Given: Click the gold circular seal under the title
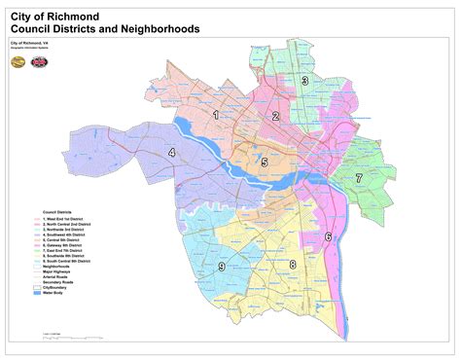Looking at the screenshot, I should (x=18, y=61).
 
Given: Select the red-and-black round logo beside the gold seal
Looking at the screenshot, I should (x=36, y=61).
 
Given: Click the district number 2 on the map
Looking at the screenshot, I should (x=275, y=117).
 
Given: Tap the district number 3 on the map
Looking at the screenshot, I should (x=304, y=83).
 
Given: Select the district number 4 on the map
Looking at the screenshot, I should (x=171, y=153).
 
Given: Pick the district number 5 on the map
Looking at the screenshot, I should (x=264, y=162).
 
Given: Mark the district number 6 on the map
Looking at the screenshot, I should (x=328, y=236).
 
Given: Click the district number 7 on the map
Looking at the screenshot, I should (x=358, y=178).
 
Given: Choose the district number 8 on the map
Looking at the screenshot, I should (x=291, y=265).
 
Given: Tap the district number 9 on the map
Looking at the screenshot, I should (x=222, y=267).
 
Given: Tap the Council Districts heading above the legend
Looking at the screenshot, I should (x=59, y=211).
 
